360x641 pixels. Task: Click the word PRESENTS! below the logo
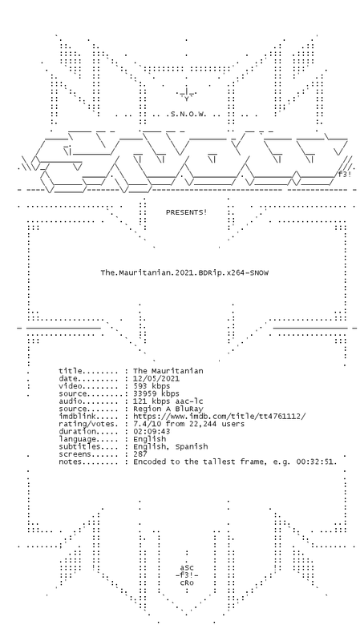[x=187, y=212]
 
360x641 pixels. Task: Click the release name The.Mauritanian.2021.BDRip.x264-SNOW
[x=184, y=272]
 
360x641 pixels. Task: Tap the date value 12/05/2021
[x=156, y=378]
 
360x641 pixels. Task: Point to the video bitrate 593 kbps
[x=152, y=386]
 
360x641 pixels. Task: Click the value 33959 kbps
[x=156, y=393]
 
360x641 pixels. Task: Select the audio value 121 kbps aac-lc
[x=168, y=401]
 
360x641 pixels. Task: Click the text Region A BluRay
[x=168, y=409]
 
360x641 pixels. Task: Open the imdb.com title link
[x=219, y=417]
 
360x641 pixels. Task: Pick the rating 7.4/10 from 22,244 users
[x=189, y=424]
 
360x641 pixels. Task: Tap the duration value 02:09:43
[x=152, y=432]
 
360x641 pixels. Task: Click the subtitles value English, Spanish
[x=171, y=447]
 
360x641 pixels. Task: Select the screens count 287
[x=140, y=454]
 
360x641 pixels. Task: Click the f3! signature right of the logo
[x=345, y=175]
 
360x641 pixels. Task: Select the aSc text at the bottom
[x=187, y=568]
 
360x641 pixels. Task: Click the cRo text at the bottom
[x=187, y=583]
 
